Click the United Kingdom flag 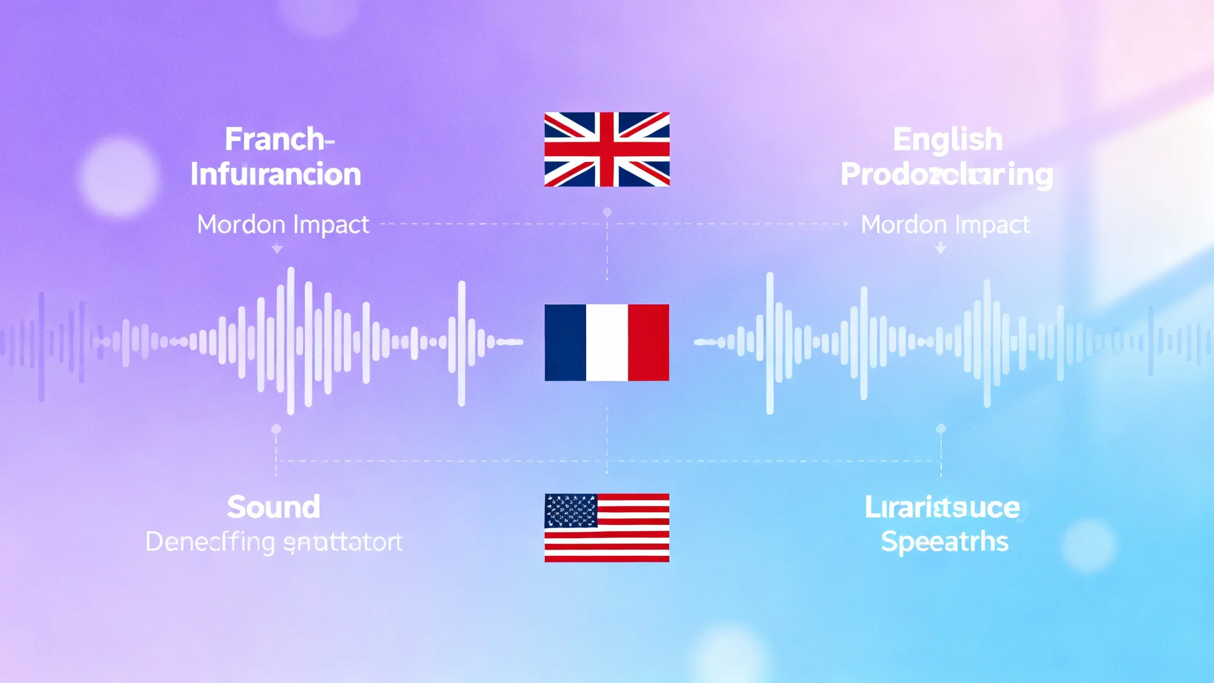click(x=607, y=149)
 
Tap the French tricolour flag click(x=607, y=342)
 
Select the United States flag click(x=607, y=527)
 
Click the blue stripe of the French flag click(x=565, y=342)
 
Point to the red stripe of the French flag click(x=648, y=342)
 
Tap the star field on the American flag click(x=570, y=510)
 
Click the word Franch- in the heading click(x=279, y=139)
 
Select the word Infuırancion click(x=276, y=175)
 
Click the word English click(x=947, y=140)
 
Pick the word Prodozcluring click(x=947, y=175)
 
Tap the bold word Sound click(x=273, y=507)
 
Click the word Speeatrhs click(x=945, y=542)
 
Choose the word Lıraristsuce click(x=942, y=507)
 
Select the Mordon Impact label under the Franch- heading click(x=283, y=225)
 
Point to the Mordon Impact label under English click(x=945, y=225)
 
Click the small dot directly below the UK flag click(x=607, y=212)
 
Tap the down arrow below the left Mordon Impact click(x=277, y=250)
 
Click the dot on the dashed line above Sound click(x=276, y=429)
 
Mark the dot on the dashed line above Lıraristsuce click(x=941, y=429)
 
